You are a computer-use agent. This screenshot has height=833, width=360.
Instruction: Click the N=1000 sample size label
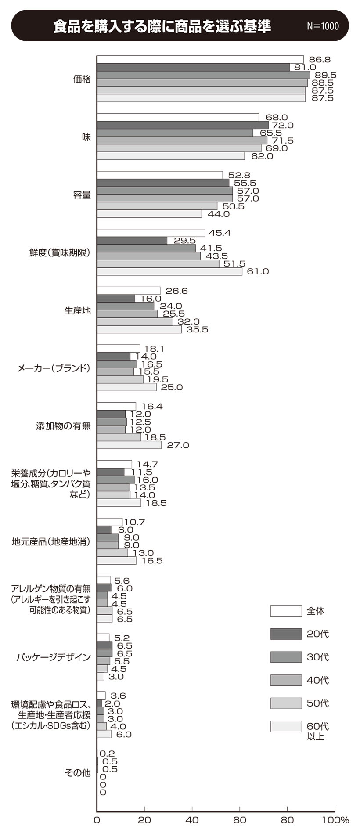click(x=323, y=26)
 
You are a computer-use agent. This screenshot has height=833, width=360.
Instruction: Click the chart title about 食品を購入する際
click(x=162, y=26)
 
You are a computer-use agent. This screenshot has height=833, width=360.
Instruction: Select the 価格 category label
click(x=82, y=79)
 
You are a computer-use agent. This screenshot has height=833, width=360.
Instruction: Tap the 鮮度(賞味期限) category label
click(x=60, y=252)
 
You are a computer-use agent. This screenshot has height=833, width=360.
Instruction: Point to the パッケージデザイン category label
click(x=54, y=657)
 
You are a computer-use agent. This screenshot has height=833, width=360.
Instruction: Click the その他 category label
click(x=78, y=773)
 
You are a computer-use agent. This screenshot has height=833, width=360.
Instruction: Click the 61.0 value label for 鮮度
click(x=258, y=271)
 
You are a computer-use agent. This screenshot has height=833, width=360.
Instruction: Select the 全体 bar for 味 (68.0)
click(x=178, y=117)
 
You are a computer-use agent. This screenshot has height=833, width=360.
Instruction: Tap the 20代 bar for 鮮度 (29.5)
click(x=132, y=241)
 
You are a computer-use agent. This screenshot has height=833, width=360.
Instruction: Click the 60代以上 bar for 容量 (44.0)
click(x=149, y=214)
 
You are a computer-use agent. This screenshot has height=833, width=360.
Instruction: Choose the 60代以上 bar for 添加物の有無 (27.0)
click(x=129, y=445)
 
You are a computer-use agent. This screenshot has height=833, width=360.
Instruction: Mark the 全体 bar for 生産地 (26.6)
click(x=129, y=291)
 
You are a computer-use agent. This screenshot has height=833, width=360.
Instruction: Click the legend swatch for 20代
click(x=286, y=634)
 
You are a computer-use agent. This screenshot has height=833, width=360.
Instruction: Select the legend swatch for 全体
click(x=286, y=611)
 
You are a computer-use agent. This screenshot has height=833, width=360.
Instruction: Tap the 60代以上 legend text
click(x=317, y=731)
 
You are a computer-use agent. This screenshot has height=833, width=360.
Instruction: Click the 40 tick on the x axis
click(x=192, y=820)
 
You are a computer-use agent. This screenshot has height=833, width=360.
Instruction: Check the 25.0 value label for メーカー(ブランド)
click(x=172, y=387)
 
